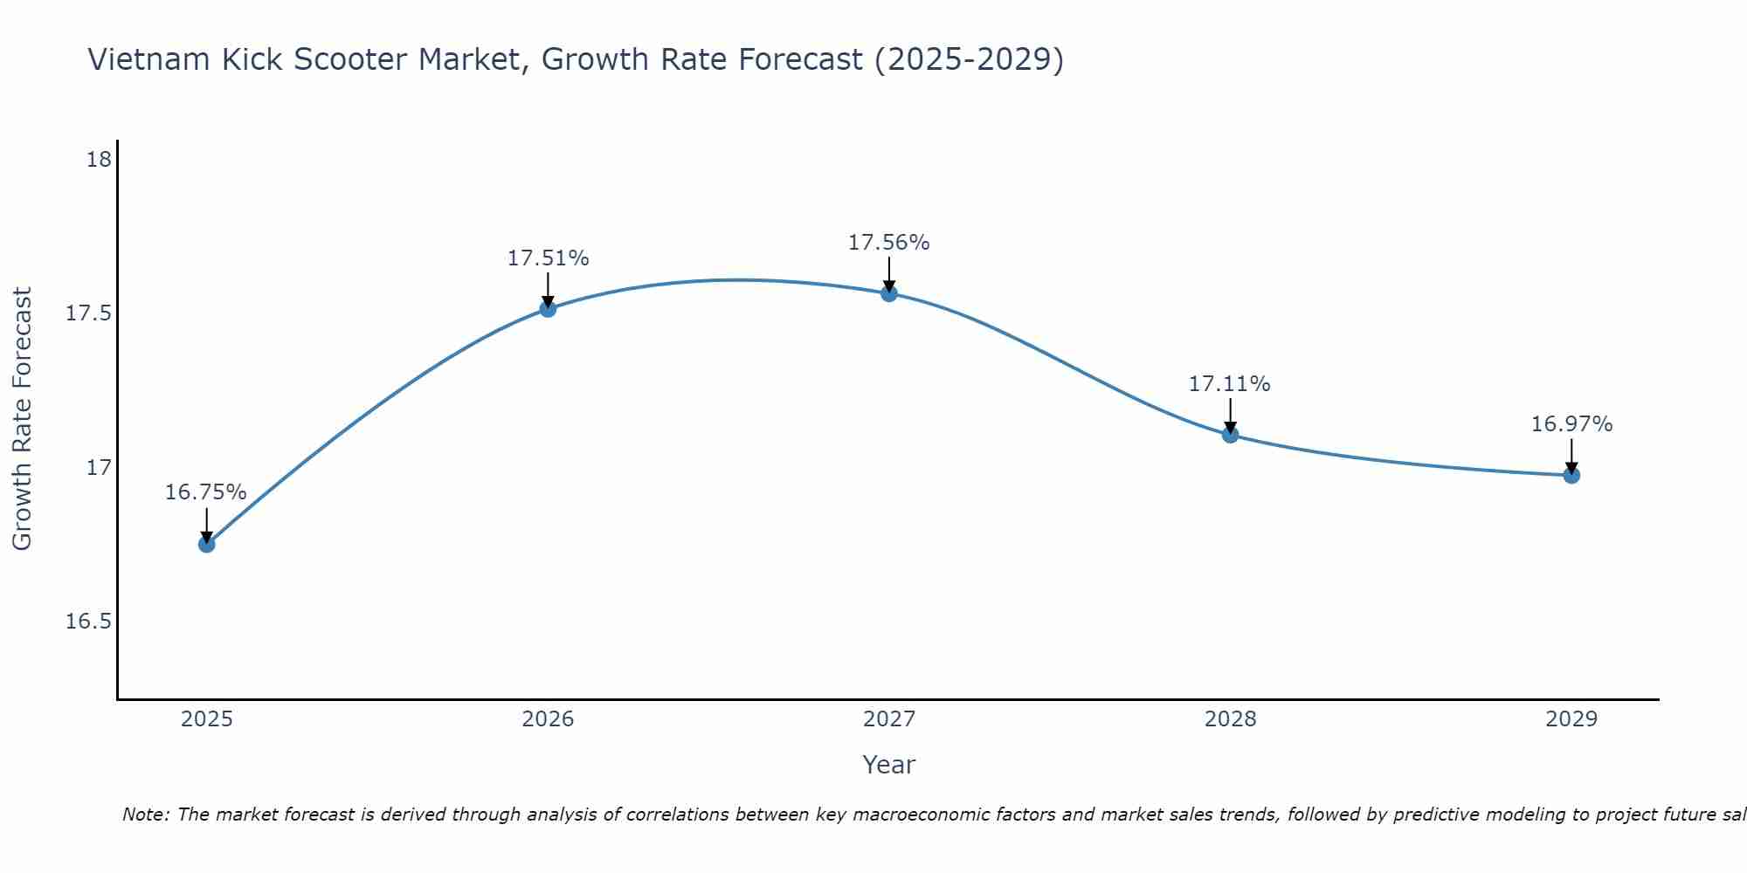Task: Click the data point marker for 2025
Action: [206, 544]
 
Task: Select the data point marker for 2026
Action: [548, 308]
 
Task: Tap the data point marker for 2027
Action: [889, 293]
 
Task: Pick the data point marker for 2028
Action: [1230, 434]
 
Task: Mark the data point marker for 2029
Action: [1571, 475]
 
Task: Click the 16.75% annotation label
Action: [206, 492]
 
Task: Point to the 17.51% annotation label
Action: [548, 258]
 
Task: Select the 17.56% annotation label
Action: [889, 243]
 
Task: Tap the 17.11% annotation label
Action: [1230, 384]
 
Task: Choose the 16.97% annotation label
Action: [1571, 424]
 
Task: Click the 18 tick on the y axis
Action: [99, 160]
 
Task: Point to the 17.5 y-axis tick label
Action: [89, 313]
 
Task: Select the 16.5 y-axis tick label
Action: [89, 622]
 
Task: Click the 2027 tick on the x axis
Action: [889, 719]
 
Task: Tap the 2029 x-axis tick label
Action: [1571, 719]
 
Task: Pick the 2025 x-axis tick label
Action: [206, 719]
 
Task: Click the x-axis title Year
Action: [889, 765]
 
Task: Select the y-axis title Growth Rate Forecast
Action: [22, 419]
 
